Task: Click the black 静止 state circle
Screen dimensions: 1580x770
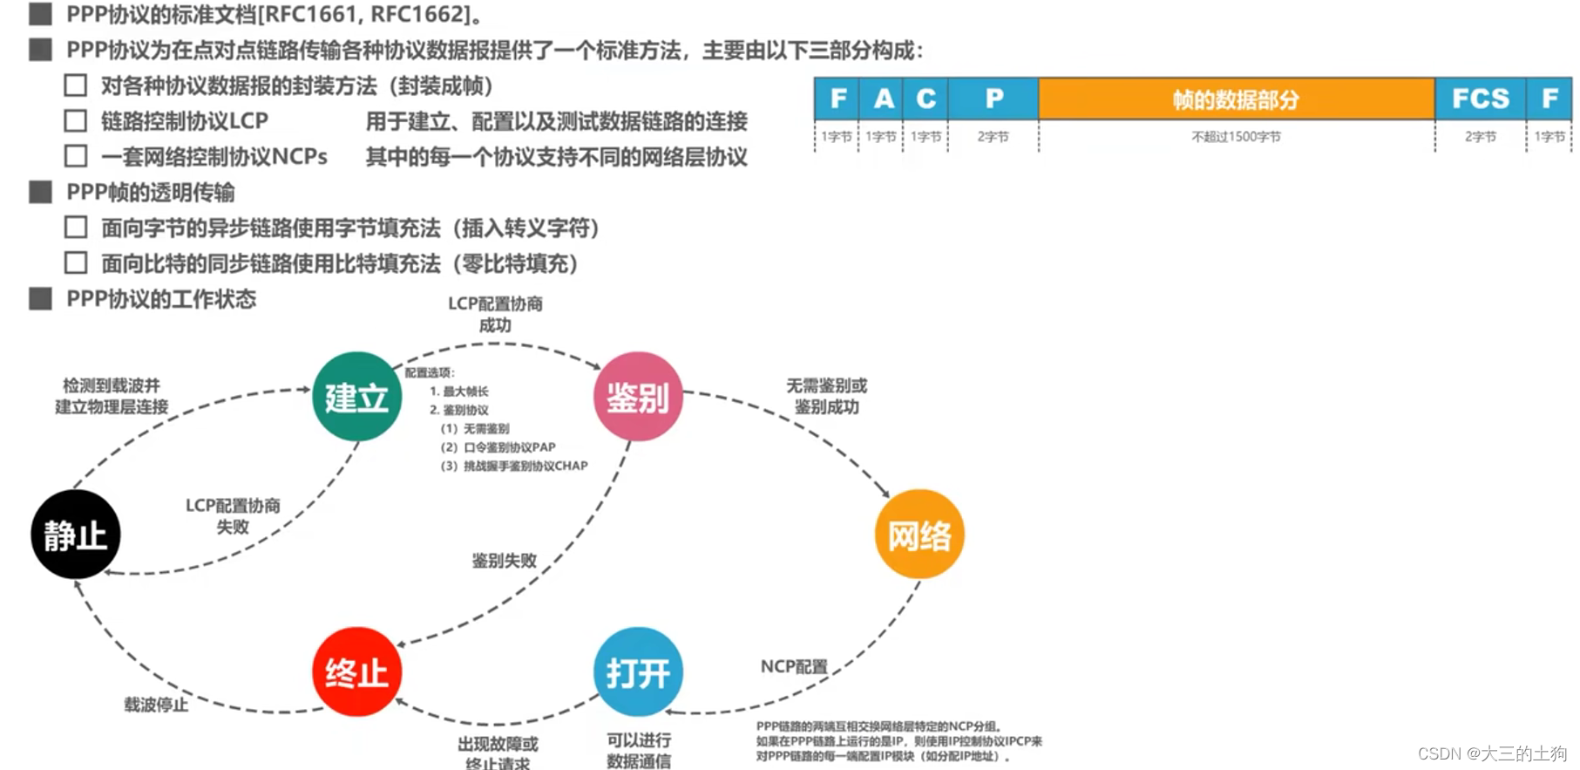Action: click(x=76, y=534)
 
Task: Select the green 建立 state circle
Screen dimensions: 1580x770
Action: click(x=356, y=397)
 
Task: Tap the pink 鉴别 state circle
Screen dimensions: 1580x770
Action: click(x=638, y=397)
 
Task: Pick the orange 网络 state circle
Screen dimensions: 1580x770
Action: click(x=919, y=534)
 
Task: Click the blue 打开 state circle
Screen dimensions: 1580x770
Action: click(x=638, y=671)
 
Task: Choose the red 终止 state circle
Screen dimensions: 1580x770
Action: click(x=356, y=671)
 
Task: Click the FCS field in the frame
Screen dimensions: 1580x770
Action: click(x=1480, y=99)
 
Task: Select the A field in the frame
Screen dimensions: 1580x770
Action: click(x=882, y=99)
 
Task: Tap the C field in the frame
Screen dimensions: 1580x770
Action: click(x=926, y=99)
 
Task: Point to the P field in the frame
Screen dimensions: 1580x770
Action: click(x=993, y=99)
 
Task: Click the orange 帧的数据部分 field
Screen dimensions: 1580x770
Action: click(x=1236, y=99)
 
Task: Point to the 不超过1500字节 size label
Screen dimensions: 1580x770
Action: click(x=1236, y=137)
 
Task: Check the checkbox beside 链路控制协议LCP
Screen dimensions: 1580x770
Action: click(x=76, y=121)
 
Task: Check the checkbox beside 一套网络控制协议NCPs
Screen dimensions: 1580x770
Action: click(x=76, y=156)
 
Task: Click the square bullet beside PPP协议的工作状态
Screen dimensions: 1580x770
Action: click(x=40, y=299)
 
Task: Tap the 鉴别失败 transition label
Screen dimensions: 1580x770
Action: click(x=504, y=561)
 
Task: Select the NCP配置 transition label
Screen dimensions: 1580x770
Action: click(x=794, y=666)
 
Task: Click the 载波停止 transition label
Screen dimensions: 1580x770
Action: click(x=156, y=705)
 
